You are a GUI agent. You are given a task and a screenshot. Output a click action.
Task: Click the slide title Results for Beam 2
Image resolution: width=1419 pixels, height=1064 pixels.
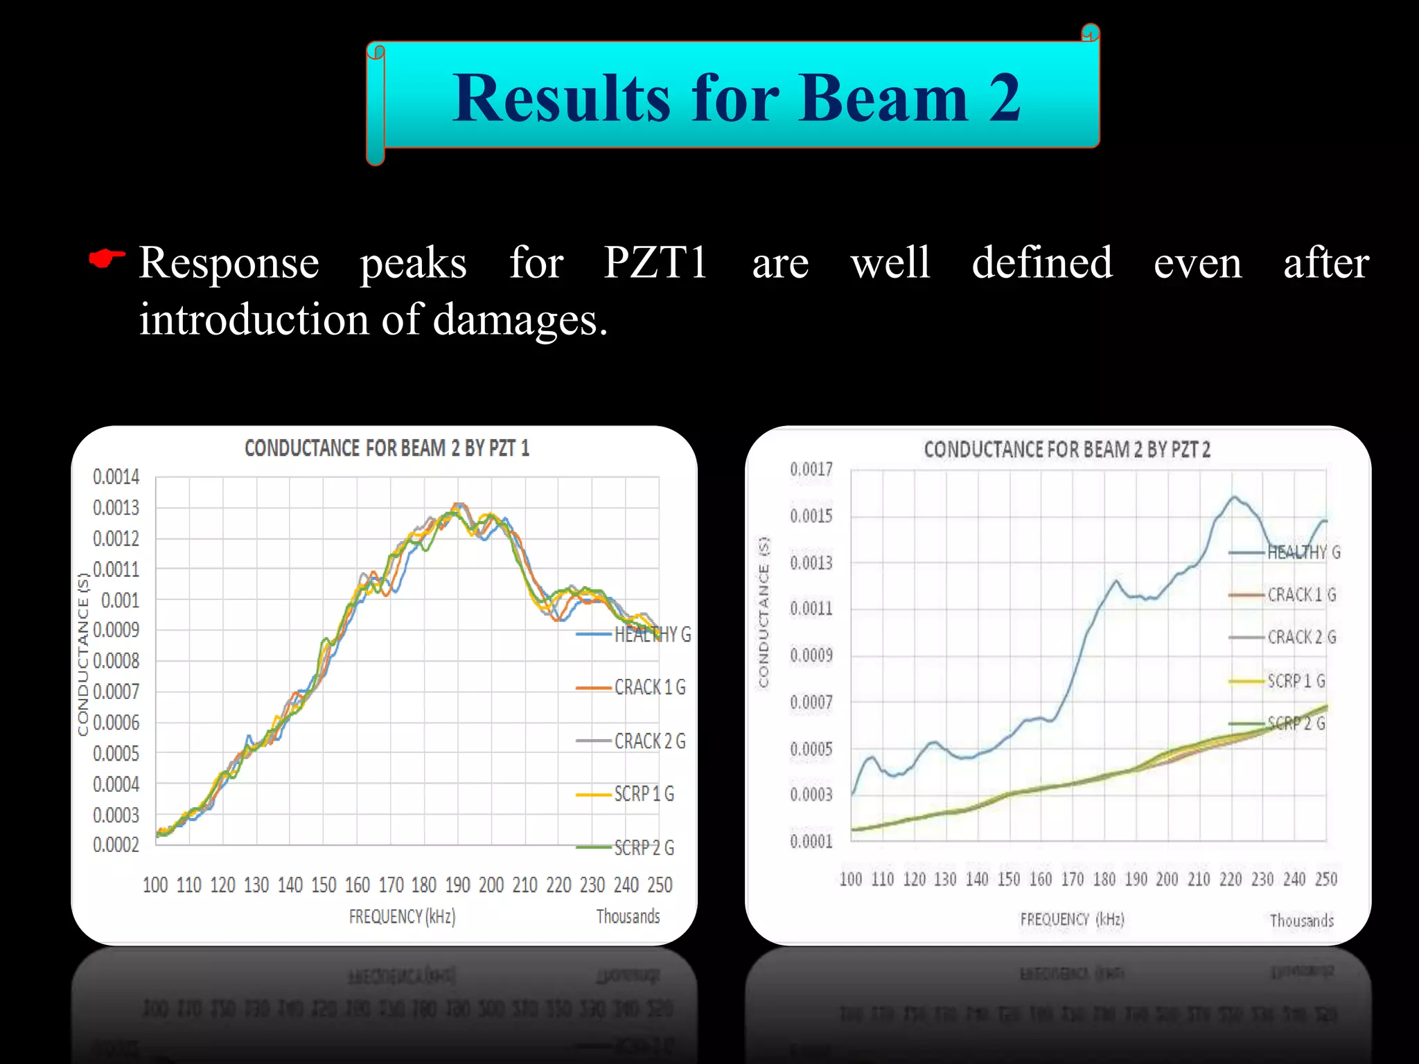click(x=736, y=98)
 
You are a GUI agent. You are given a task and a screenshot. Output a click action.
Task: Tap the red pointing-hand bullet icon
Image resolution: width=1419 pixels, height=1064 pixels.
click(x=107, y=259)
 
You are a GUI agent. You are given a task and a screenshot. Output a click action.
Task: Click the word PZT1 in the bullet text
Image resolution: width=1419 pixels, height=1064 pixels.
click(x=655, y=263)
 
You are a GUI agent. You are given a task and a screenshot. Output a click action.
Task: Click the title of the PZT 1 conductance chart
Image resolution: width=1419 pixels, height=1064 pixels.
click(x=387, y=449)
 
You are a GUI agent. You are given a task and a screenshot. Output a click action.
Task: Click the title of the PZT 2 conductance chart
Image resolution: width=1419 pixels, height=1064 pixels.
click(x=1067, y=450)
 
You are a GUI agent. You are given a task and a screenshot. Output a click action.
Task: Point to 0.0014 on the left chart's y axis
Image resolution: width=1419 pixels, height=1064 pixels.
click(x=116, y=477)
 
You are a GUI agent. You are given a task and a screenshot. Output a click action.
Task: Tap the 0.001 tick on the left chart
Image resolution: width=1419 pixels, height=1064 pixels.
click(x=120, y=600)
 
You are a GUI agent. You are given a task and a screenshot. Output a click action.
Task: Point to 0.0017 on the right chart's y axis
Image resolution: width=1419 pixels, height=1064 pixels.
click(x=811, y=470)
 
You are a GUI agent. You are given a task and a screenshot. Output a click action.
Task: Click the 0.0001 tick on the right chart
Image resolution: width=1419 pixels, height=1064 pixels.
click(x=811, y=841)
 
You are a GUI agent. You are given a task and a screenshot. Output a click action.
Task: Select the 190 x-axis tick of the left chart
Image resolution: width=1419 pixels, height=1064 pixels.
click(x=457, y=885)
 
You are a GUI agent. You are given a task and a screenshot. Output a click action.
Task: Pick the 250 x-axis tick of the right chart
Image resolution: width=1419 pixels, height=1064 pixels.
click(x=1326, y=880)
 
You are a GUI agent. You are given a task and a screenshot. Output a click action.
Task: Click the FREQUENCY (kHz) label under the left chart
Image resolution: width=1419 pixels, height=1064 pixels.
click(x=402, y=917)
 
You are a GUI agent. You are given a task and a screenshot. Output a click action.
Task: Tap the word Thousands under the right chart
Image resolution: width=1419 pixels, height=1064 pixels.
click(x=1301, y=921)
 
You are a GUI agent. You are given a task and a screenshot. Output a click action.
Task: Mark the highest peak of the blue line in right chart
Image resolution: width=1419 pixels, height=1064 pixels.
click(x=1233, y=497)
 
